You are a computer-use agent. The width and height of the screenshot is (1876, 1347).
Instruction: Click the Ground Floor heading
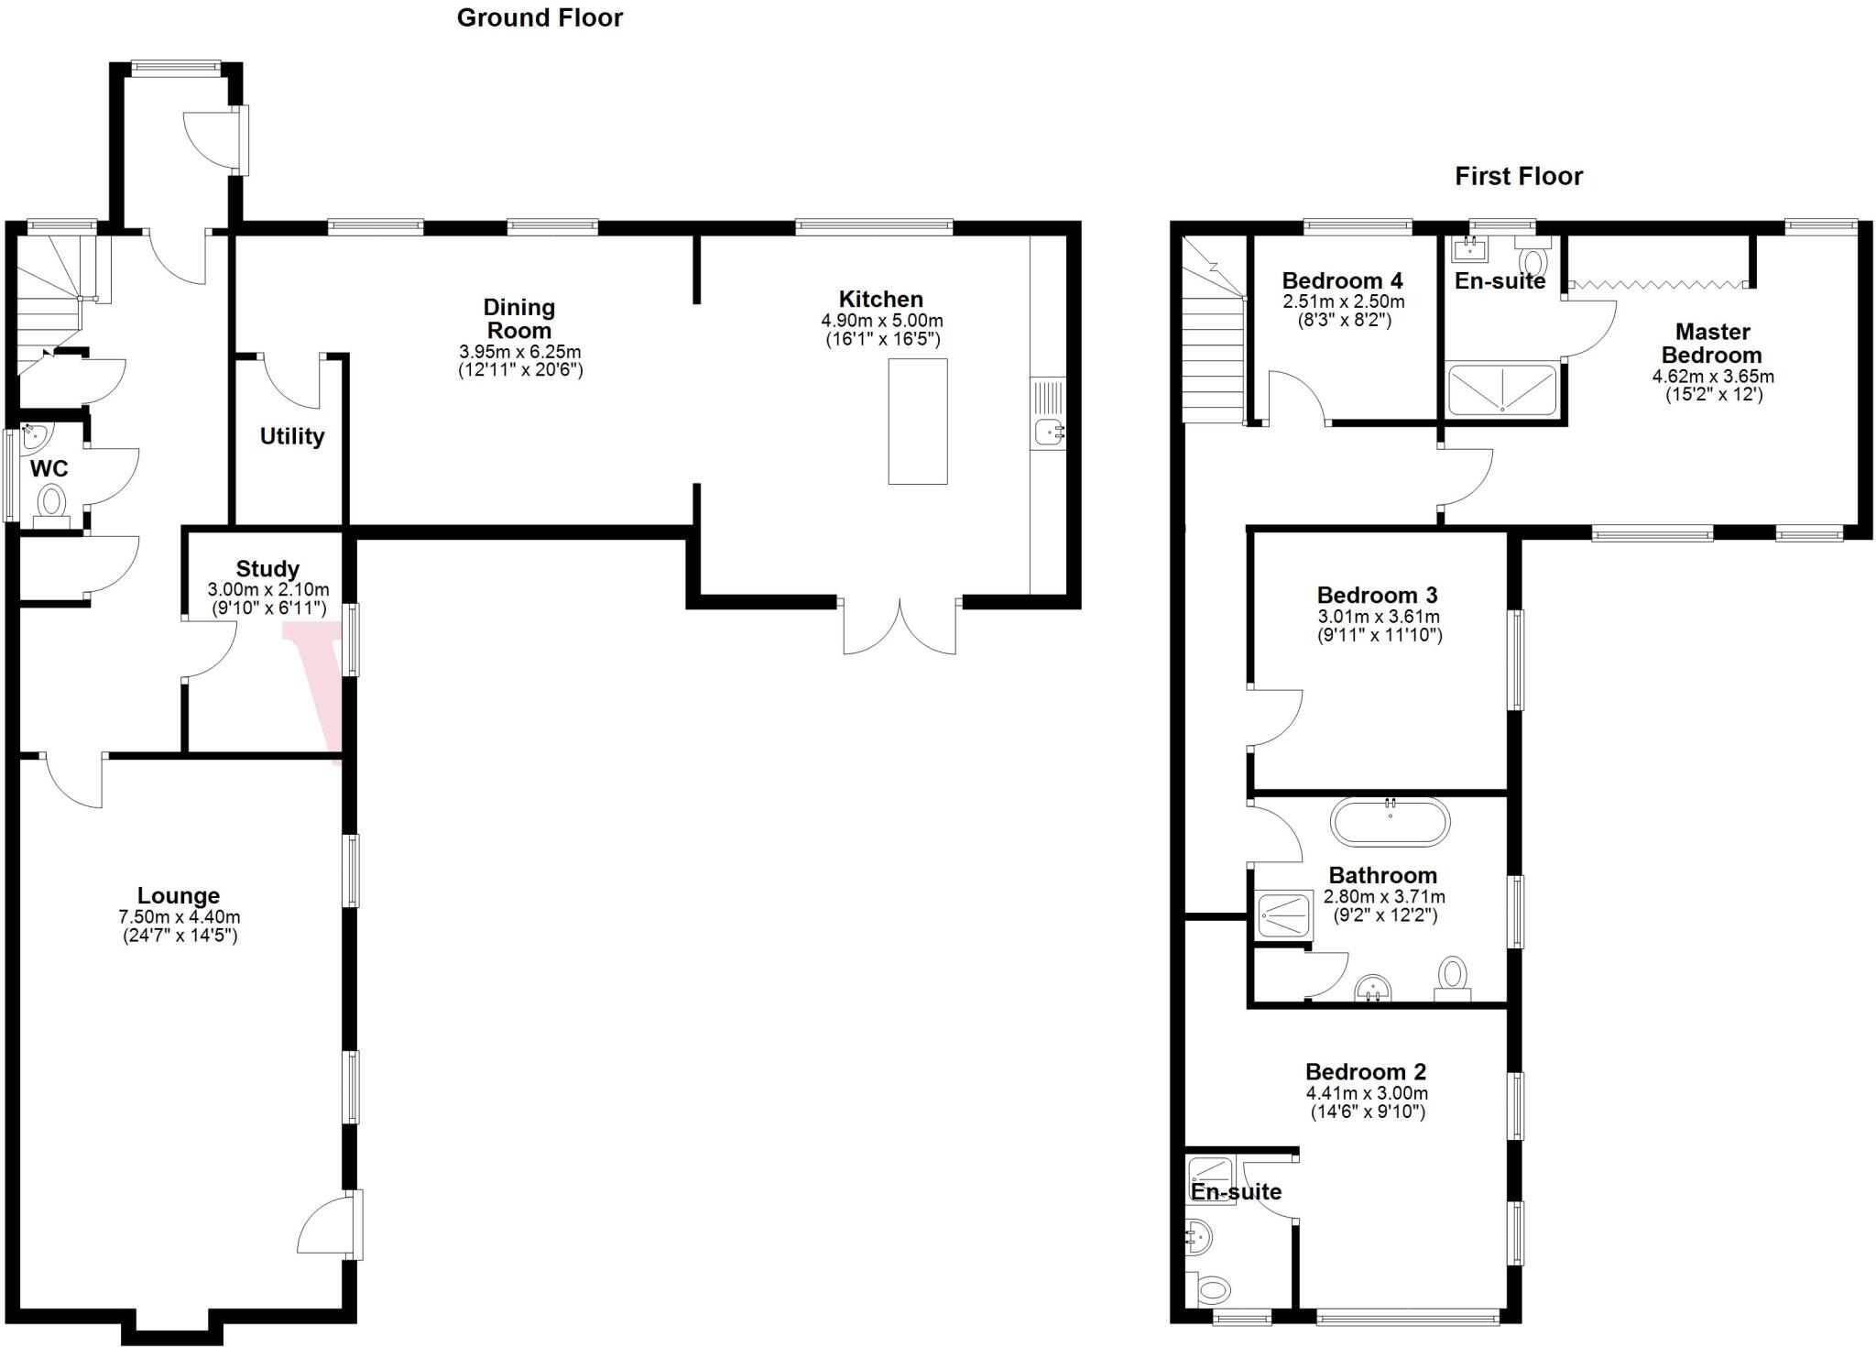click(540, 17)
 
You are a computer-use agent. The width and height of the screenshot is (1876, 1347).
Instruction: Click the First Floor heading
click(1518, 176)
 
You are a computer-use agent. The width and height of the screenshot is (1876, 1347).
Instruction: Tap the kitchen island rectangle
click(917, 421)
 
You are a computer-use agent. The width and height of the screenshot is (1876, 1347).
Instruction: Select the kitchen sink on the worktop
click(1046, 431)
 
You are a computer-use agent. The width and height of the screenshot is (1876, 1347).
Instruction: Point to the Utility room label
click(291, 436)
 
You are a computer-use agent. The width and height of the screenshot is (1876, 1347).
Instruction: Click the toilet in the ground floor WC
click(51, 504)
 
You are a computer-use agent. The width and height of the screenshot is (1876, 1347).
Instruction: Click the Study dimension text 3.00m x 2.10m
click(267, 589)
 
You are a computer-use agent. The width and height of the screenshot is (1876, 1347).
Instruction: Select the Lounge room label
click(179, 895)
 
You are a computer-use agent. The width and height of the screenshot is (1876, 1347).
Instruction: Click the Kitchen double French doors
click(900, 626)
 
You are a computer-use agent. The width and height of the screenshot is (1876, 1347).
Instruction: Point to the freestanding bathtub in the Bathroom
click(1390, 822)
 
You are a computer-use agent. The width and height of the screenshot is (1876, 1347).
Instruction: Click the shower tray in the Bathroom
click(1285, 914)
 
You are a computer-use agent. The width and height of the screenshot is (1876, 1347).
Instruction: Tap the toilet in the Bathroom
click(1452, 977)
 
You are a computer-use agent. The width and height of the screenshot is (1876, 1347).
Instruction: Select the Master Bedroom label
click(1711, 343)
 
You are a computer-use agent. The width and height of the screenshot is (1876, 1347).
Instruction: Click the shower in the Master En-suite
click(1501, 389)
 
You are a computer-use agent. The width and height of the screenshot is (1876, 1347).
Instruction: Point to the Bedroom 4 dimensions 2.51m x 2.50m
click(1343, 301)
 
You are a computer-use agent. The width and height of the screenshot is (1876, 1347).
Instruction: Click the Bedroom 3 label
click(1377, 595)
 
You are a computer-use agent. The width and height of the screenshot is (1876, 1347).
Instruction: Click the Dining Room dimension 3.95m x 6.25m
click(519, 352)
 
